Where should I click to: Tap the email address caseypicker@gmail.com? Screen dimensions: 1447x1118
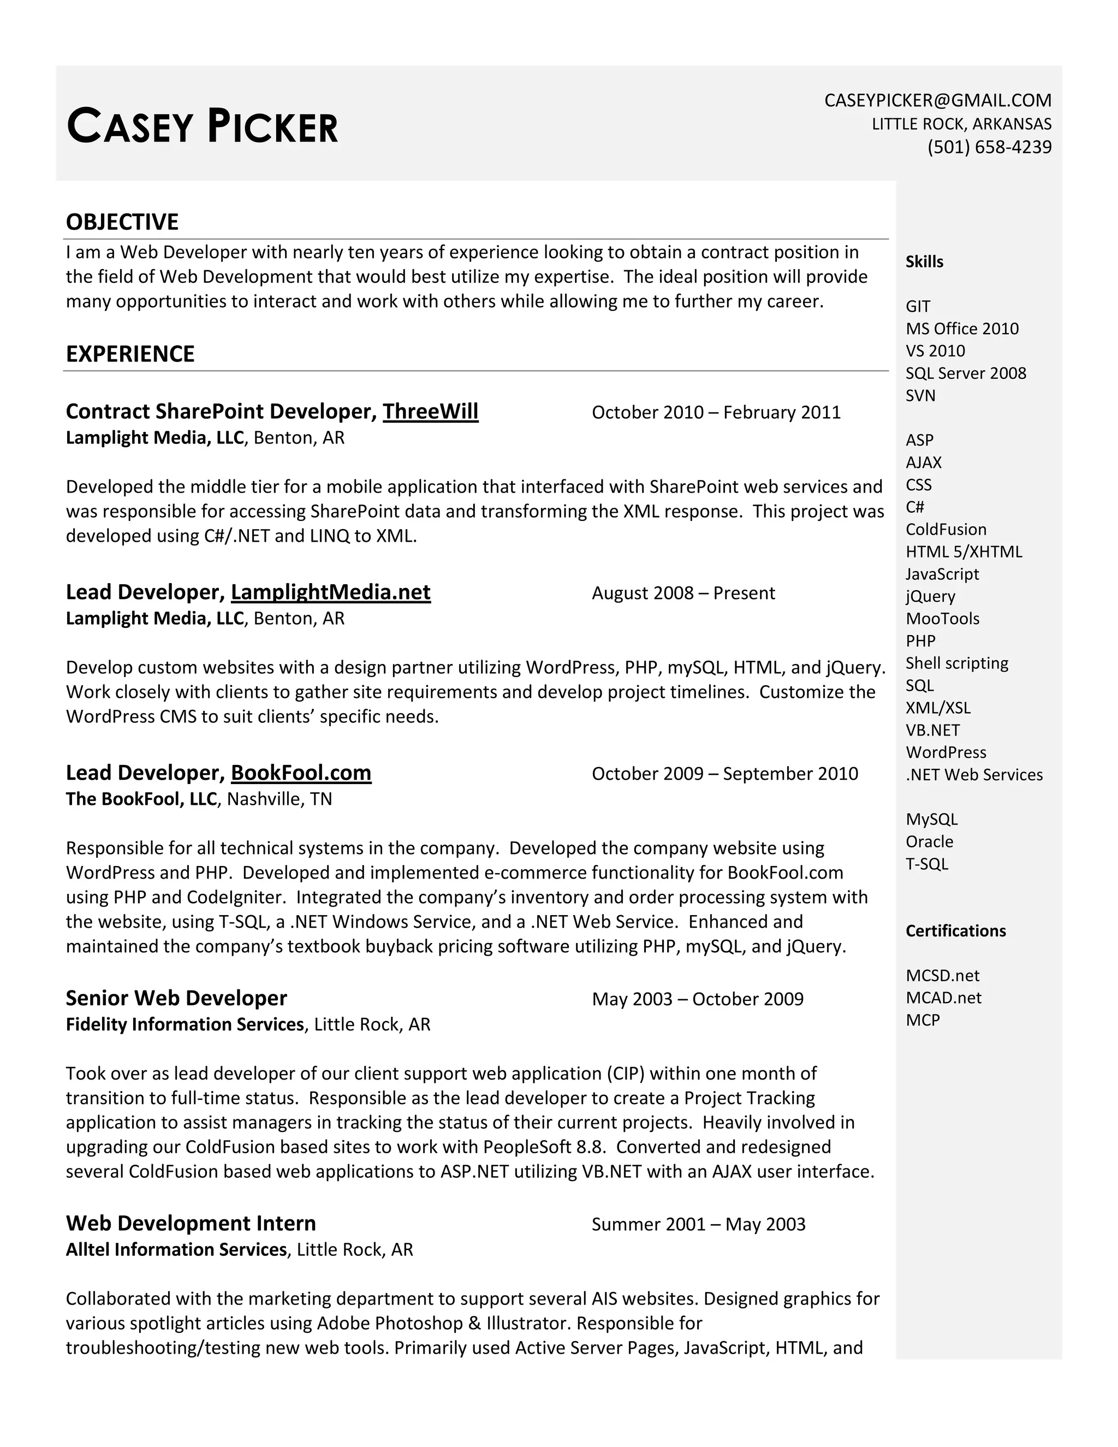pos(937,100)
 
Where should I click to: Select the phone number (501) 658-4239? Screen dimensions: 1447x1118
pos(989,146)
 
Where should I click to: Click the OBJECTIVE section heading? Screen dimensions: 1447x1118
pos(122,222)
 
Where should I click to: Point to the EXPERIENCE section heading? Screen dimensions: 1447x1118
pos(130,354)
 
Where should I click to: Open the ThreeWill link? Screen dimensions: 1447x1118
pos(431,412)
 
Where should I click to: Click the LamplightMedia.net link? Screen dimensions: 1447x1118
pos(330,592)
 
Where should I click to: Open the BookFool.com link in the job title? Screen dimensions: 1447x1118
pos(301,773)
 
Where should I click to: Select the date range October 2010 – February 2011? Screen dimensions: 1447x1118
pos(716,412)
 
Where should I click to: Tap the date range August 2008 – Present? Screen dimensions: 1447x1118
pos(683,593)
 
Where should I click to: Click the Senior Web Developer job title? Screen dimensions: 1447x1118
pos(176,998)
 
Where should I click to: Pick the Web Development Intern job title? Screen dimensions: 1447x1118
pos(191,1223)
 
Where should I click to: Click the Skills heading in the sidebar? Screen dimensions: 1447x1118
pos(924,262)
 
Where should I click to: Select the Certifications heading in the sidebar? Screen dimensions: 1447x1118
pos(955,931)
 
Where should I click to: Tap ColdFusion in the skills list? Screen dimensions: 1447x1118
pos(946,529)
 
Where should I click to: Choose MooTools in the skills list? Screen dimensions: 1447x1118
pos(942,619)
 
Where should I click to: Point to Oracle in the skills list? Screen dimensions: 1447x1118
pos(929,841)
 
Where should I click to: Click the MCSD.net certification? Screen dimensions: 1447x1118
pos(942,975)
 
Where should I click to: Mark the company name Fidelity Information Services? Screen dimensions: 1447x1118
pos(185,1024)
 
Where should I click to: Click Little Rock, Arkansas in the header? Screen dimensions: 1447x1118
pos(961,124)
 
